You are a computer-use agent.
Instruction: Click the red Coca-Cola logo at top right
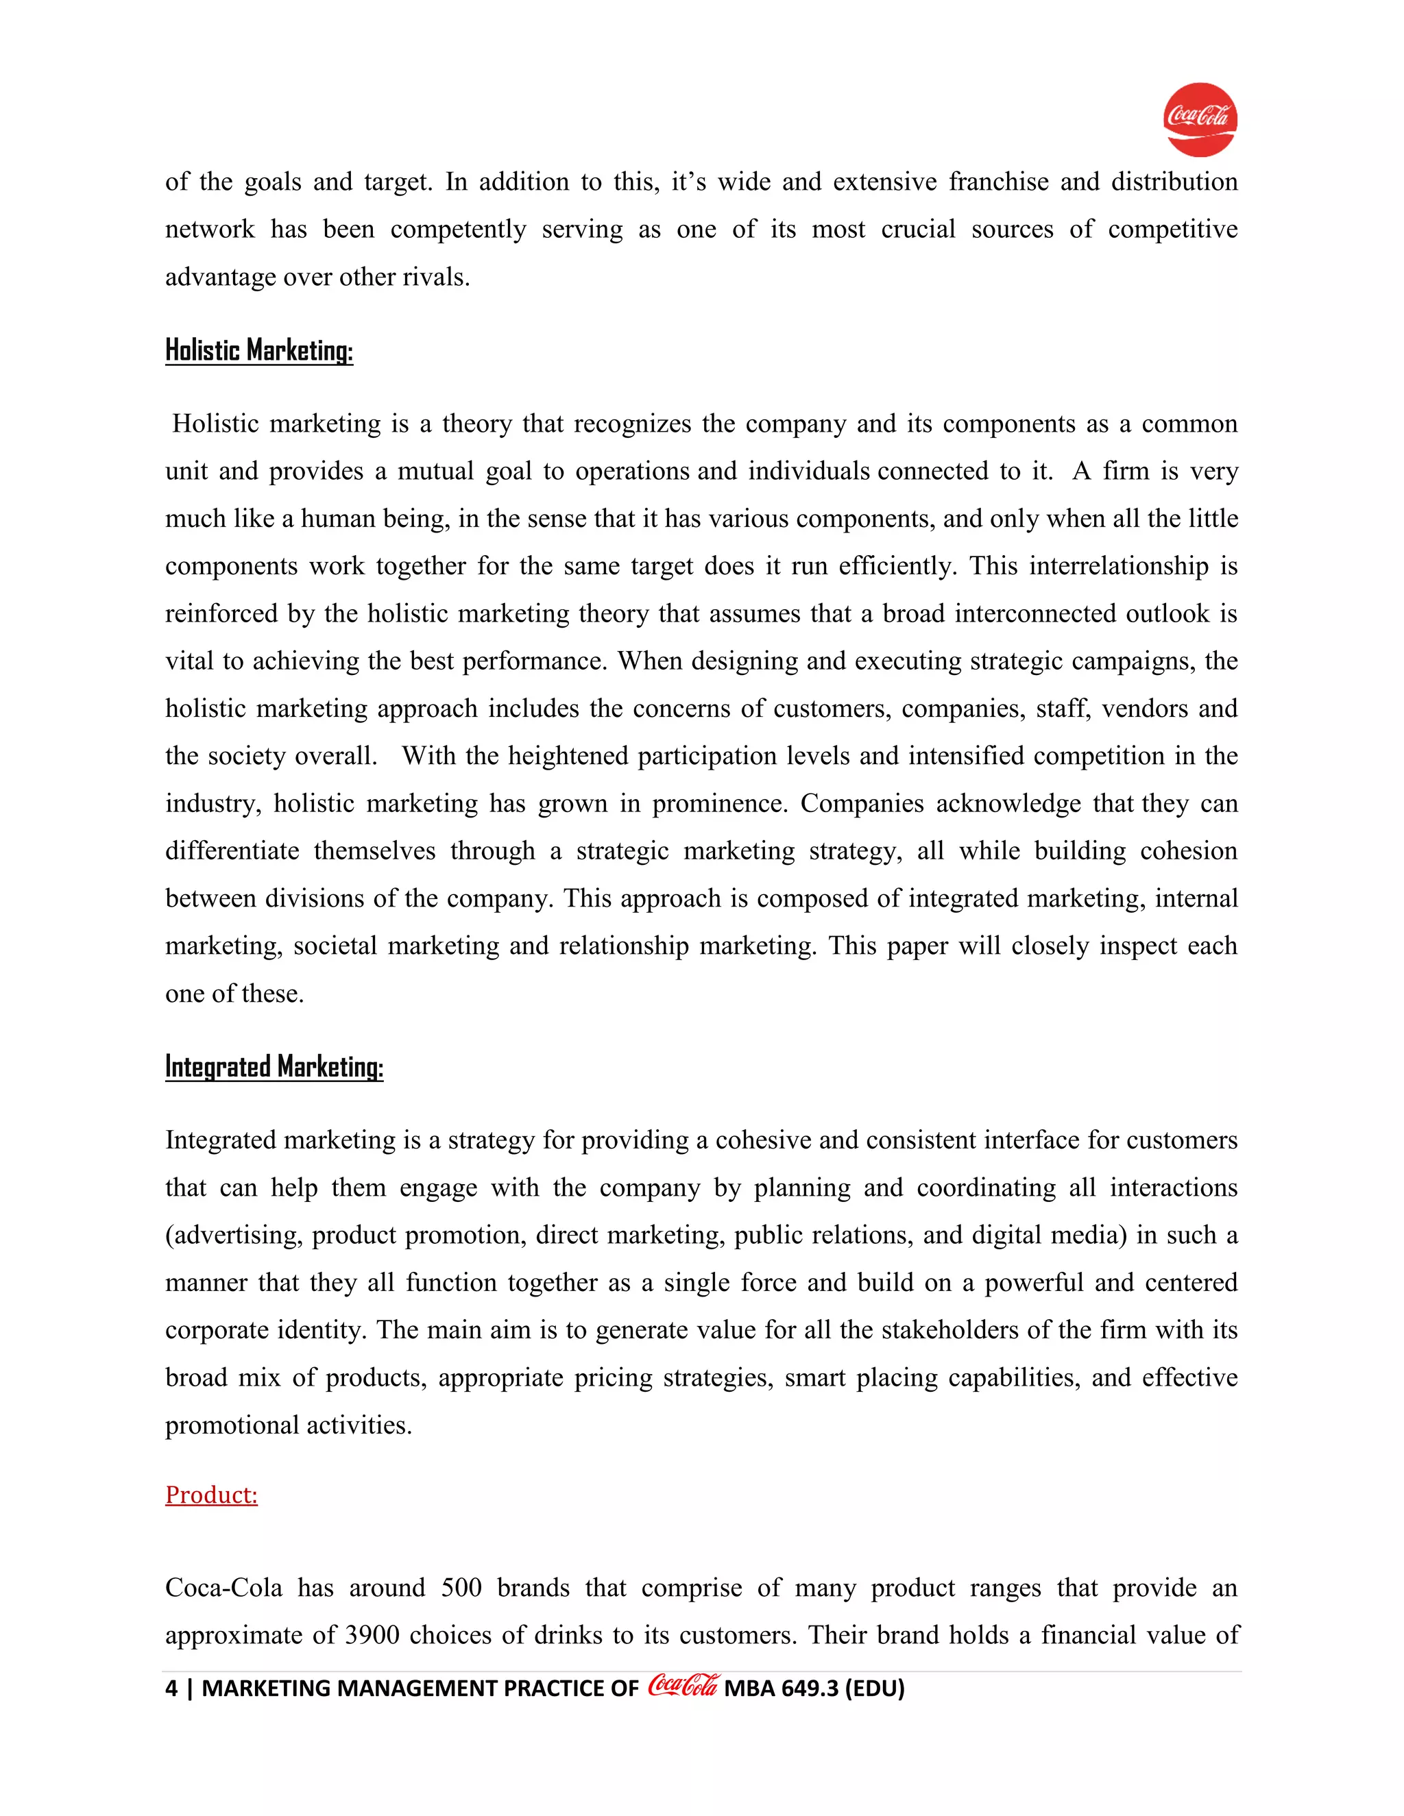point(1200,119)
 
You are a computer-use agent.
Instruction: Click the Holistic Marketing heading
point(258,350)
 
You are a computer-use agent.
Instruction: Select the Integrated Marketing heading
point(274,1067)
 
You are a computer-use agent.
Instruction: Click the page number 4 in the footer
point(171,1689)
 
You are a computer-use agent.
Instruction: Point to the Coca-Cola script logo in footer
point(682,1686)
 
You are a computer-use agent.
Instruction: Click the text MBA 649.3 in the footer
point(781,1689)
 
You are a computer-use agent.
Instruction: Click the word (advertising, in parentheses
point(234,1236)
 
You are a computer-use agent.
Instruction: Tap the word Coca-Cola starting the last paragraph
point(223,1588)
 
